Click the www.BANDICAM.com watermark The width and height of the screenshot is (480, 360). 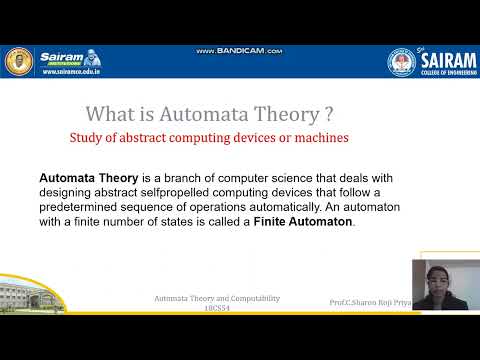click(x=240, y=51)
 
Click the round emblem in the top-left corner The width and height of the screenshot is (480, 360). click(x=19, y=61)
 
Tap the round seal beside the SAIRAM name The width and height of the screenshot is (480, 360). click(x=403, y=62)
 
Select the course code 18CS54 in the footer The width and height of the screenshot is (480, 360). click(x=216, y=308)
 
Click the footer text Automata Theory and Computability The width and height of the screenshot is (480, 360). click(x=216, y=299)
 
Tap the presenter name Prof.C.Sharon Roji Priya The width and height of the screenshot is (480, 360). click(x=369, y=301)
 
